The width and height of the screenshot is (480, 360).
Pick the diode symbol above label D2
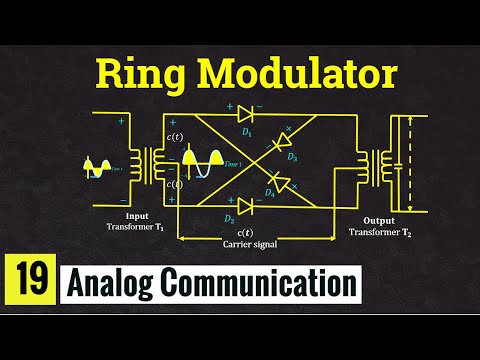(244, 206)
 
